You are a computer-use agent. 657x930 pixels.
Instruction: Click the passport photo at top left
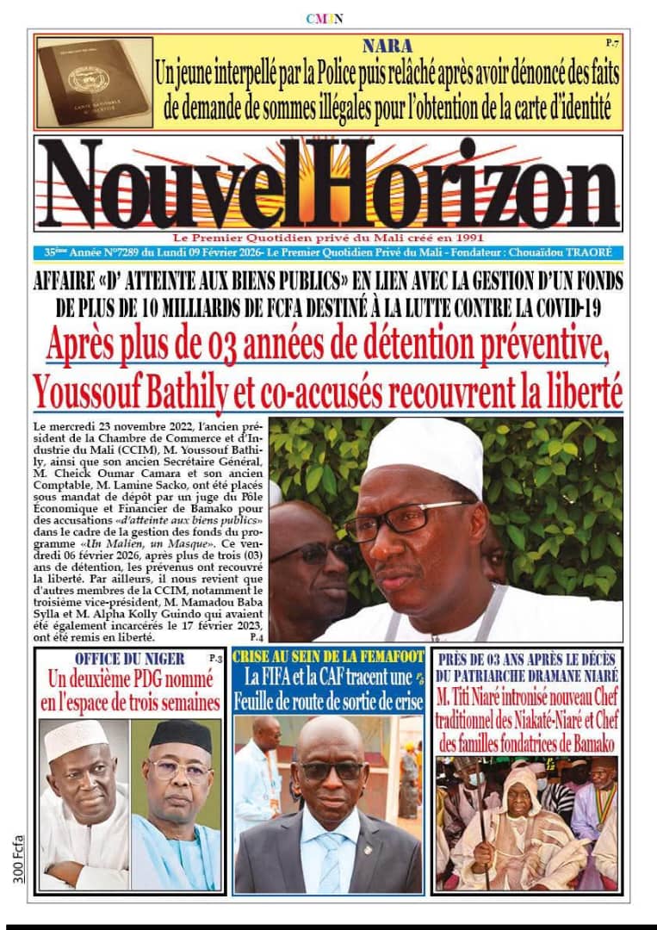(93, 81)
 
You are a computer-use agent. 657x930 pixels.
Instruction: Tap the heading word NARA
(387, 46)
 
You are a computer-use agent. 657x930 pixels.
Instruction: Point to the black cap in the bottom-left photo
(180, 735)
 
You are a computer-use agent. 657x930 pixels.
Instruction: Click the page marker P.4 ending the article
(256, 638)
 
